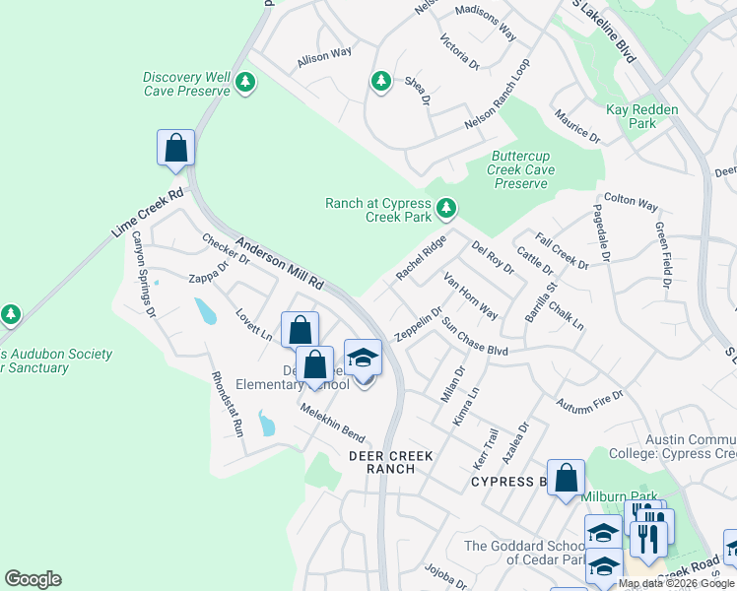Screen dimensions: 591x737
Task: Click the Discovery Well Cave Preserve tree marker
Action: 244,85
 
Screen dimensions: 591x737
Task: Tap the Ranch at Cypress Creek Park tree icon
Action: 446,208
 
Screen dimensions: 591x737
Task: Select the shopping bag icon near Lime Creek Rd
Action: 175,148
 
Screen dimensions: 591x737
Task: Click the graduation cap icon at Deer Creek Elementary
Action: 363,358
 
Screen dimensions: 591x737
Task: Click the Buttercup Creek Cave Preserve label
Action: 522,169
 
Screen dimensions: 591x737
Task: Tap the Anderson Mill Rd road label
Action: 280,264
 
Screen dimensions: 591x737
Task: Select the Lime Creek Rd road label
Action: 147,215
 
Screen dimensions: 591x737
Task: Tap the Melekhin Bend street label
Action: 333,424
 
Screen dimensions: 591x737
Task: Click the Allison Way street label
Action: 324,59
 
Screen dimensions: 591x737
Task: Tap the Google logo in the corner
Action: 33,579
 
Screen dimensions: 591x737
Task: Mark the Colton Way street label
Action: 631,203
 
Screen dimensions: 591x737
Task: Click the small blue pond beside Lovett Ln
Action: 205,311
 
